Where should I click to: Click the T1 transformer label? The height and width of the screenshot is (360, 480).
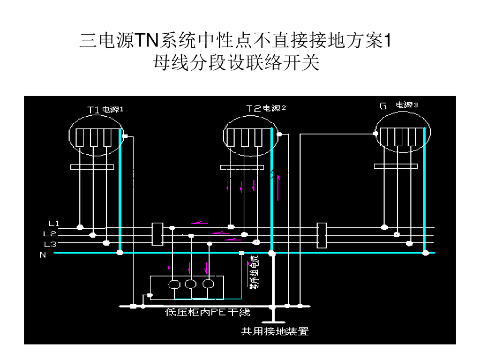(93, 110)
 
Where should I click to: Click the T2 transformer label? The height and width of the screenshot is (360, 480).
(254, 109)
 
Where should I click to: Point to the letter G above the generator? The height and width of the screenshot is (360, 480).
(383, 106)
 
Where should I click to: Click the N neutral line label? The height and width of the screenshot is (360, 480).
(43, 255)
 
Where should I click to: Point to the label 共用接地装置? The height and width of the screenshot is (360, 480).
(275, 331)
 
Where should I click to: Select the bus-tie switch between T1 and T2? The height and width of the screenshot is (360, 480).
(157, 234)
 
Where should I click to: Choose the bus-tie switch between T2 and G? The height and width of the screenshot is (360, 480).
(322, 235)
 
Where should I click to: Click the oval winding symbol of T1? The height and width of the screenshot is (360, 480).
(96, 135)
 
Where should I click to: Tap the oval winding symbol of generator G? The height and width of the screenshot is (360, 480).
(403, 135)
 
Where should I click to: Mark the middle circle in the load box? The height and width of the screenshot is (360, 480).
(190, 284)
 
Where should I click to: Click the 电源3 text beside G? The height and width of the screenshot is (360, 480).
(407, 105)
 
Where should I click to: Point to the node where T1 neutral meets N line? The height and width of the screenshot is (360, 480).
(120, 253)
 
